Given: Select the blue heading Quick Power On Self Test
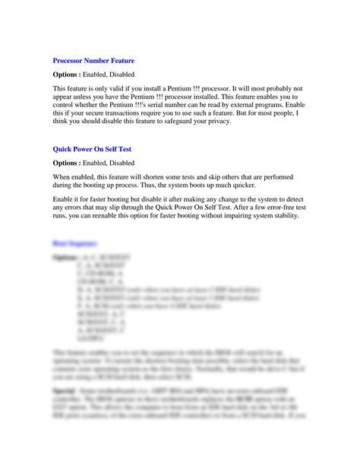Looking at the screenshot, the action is pos(91,149).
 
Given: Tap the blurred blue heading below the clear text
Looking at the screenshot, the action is pos(74,243).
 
